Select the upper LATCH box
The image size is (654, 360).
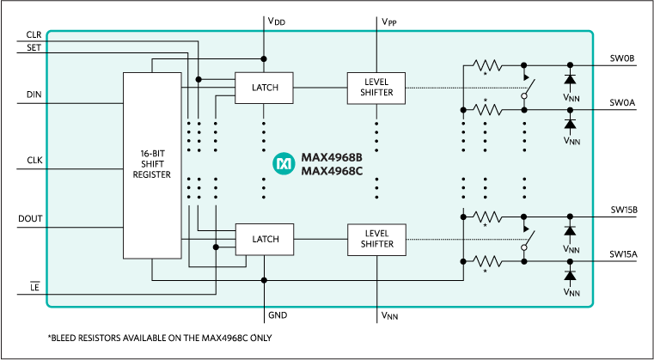[263, 87]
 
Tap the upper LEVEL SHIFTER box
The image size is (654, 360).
[376, 87]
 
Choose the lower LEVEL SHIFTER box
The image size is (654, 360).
[376, 238]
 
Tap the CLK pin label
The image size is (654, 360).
[34, 160]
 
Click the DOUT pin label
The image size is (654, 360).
[30, 219]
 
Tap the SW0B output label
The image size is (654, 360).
[621, 58]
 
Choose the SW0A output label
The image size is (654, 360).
[621, 102]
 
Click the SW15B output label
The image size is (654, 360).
[623, 209]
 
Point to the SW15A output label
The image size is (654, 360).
[623, 253]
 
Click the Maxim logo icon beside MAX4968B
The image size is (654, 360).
[283, 163]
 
